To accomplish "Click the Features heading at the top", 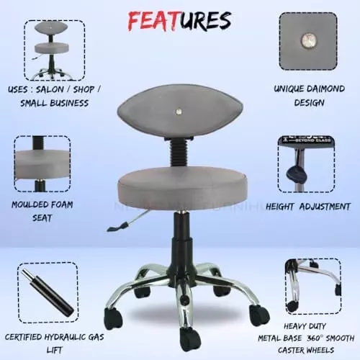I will pos(180,21).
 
